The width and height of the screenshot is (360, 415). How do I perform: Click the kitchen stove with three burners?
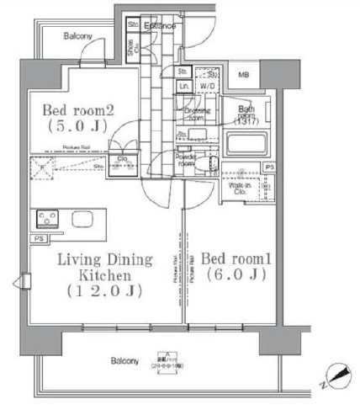pyautogui.click(x=45, y=220)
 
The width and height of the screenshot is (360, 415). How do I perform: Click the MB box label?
pyautogui.click(x=244, y=75)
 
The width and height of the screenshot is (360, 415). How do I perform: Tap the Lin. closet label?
pyautogui.click(x=184, y=86)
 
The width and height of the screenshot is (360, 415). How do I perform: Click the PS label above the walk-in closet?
pyautogui.click(x=267, y=168)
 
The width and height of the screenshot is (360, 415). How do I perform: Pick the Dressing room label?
pyautogui.click(x=196, y=114)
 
